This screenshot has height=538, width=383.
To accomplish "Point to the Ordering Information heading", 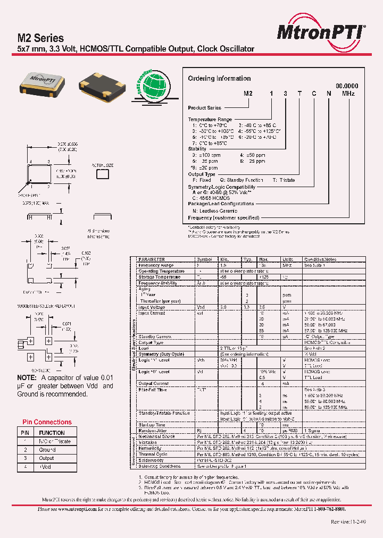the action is coord(219,79).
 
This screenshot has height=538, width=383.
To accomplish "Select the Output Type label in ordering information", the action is coord(202,174).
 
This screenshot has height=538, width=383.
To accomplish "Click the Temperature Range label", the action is coord(210,120).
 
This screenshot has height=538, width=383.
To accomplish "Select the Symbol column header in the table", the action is coord(205,259).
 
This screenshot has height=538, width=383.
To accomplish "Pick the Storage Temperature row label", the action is coord(161,276).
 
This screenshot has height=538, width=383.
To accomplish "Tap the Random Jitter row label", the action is coord(153,431).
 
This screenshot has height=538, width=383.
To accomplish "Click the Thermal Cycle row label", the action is coord(153,454).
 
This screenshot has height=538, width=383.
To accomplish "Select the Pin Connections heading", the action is coord(47,422).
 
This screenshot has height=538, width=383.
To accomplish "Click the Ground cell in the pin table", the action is coord(47,450).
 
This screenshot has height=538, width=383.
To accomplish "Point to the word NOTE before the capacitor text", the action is coord(27,378).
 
